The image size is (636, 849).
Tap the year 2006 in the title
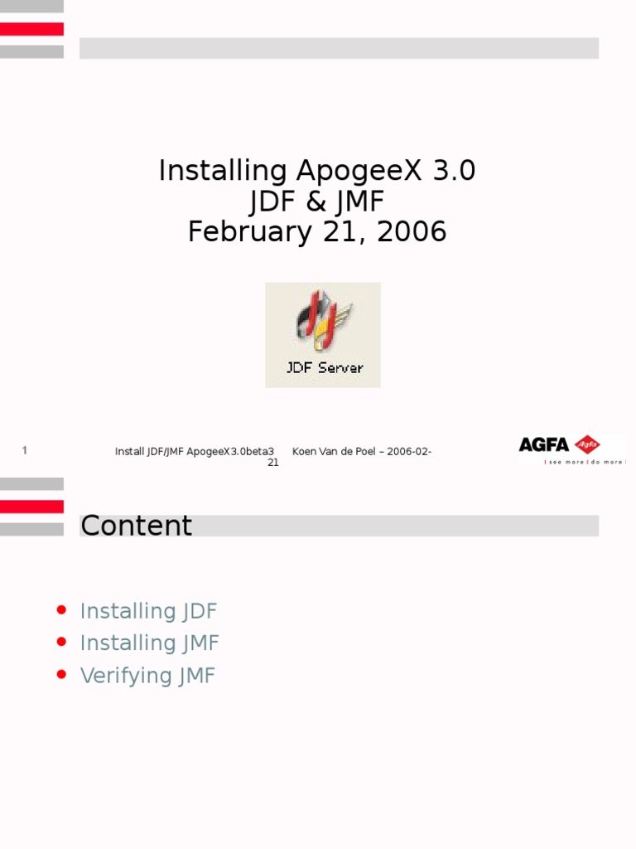point(412,232)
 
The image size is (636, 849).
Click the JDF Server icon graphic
point(323,322)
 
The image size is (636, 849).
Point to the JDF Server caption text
point(325,367)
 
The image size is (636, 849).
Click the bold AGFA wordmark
point(543,444)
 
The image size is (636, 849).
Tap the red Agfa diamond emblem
point(587,444)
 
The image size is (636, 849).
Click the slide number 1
point(25,450)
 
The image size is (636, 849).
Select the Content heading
point(137,526)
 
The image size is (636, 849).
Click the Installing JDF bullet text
point(148,612)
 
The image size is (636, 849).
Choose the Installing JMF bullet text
point(149,643)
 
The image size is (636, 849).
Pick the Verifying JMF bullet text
point(147,676)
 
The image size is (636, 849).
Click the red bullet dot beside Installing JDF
point(61,610)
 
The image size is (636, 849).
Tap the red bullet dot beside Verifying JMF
point(61,674)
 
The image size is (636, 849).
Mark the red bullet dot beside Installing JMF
point(61,642)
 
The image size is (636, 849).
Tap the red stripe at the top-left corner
point(31,29)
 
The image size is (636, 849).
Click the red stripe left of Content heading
point(31,507)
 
